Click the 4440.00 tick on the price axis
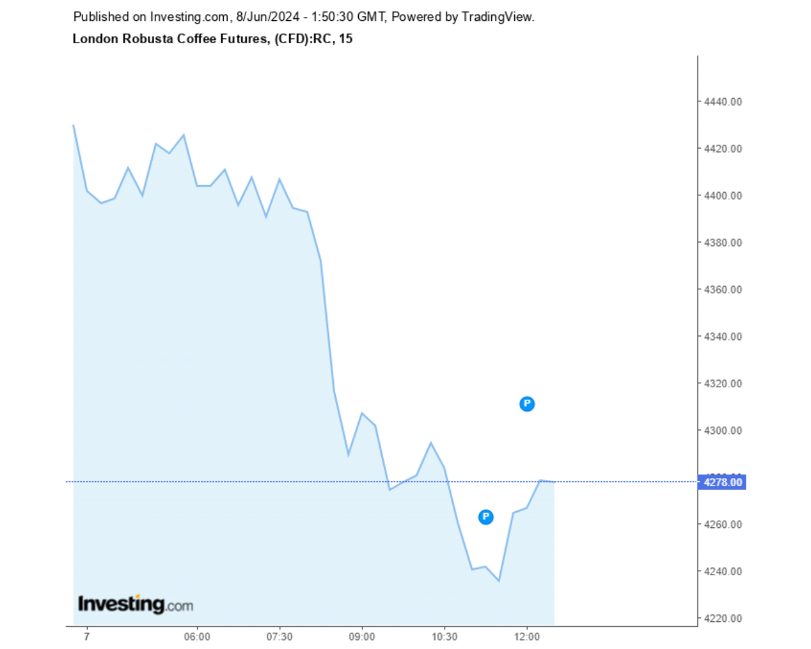[x=723, y=101]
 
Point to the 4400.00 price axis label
[x=723, y=195]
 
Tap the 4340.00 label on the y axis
[x=723, y=337]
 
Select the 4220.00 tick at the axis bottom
[x=723, y=619]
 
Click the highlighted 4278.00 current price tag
[x=723, y=482]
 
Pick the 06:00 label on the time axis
[x=197, y=637]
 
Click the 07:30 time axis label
[x=279, y=637]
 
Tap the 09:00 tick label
[x=362, y=637]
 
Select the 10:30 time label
[x=444, y=637]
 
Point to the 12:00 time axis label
[x=526, y=637]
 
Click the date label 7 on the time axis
[x=87, y=637]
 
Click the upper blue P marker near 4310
[x=526, y=404]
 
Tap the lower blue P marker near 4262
[x=485, y=517]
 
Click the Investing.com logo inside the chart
[x=135, y=604]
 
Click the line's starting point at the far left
[x=73, y=125]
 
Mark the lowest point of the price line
[x=499, y=581]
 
